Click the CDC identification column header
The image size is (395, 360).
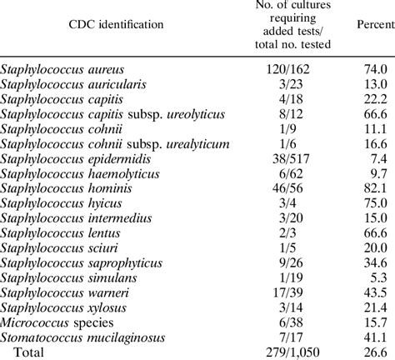(104, 26)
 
